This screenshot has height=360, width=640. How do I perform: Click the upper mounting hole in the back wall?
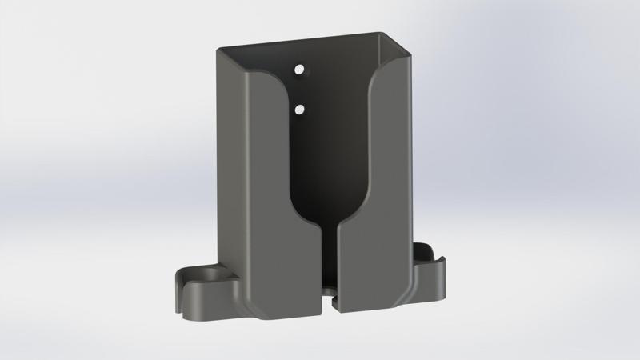click(301, 70)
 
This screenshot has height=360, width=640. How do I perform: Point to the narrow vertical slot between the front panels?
click(329, 264)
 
